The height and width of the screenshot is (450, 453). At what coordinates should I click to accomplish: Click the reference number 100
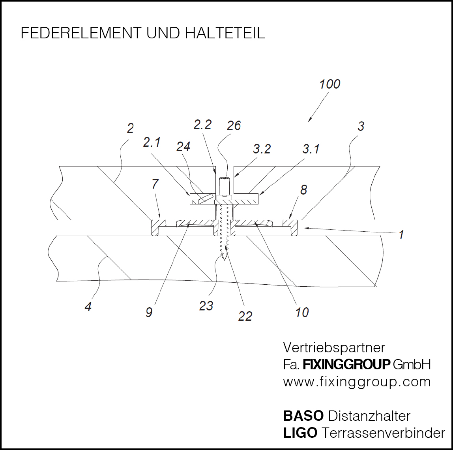coord(329,84)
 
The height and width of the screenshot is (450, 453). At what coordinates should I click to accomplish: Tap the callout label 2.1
coord(152,142)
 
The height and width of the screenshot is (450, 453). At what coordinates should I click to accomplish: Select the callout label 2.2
coord(202,125)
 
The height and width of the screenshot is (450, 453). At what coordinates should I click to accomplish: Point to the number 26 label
coord(234,126)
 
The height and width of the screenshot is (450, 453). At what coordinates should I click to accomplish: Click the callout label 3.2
coord(262,149)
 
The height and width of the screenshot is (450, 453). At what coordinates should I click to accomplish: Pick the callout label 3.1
coord(311,149)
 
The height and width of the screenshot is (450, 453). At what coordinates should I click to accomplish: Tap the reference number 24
coord(183,147)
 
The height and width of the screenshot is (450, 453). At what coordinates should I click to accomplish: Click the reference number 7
coord(155,184)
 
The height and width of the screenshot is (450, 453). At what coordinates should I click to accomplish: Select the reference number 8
coord(303,190)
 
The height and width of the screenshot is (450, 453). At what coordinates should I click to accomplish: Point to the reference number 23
coord(206,306)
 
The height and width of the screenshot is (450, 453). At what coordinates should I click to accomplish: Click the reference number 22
coord(245,316)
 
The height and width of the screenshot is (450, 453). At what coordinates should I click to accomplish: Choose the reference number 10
coord(302,312)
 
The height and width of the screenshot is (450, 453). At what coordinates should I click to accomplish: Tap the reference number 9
coord(149,312)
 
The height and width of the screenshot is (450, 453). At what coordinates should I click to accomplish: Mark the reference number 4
coord(88,306)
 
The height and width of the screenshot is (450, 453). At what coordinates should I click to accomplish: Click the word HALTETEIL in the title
coord(225,33)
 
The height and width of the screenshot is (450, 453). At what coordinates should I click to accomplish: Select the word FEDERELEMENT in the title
coord(81,33)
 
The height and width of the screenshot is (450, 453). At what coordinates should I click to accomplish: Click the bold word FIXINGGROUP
coord(346,365)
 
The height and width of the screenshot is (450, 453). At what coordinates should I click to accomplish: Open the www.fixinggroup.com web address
coord(357,382)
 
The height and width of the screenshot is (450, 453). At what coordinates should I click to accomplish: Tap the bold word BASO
coord(303,416)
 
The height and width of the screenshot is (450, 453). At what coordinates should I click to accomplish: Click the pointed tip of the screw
coord(225,260)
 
